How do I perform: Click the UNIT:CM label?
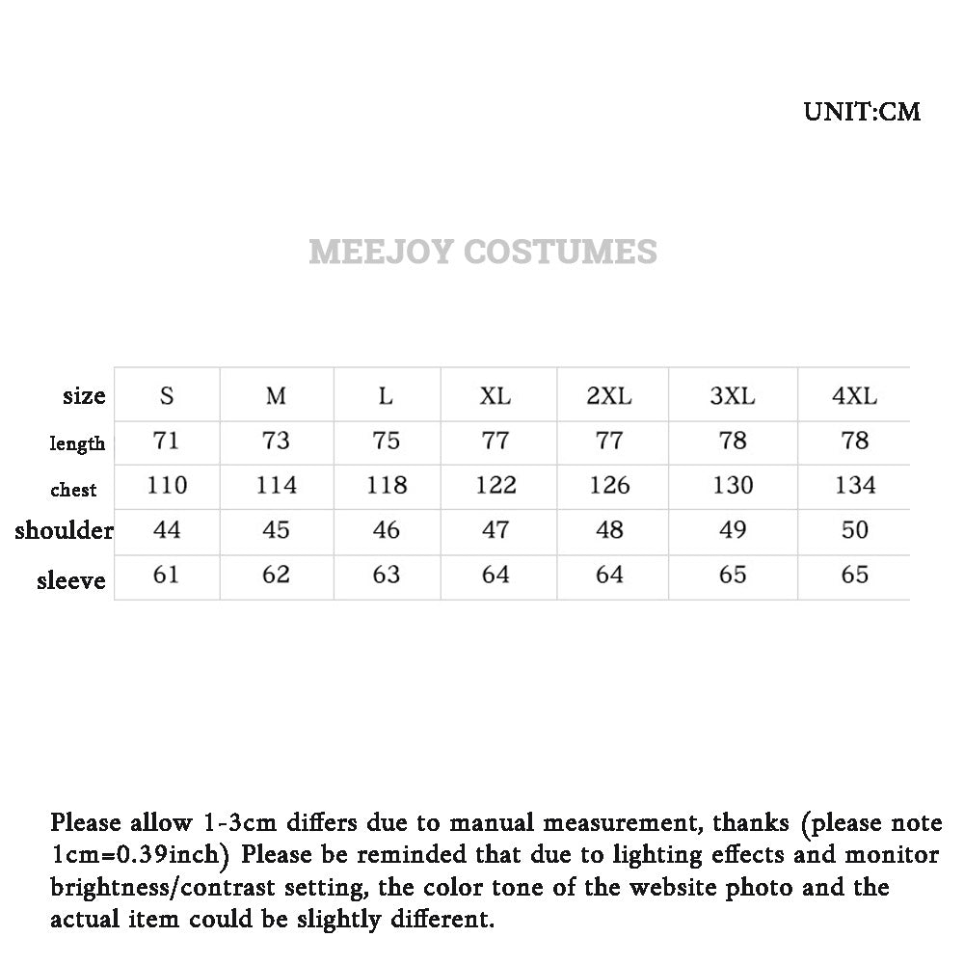pos(862,112)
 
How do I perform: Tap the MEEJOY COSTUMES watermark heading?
pos(483,253)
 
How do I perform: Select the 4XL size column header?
pos(854,396)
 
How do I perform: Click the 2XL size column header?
pos(609,396)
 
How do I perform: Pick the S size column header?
pos(167,396)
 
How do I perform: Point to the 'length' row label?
pos(77,443)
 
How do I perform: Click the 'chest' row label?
pos(74,490)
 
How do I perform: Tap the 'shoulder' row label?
pos(64,530)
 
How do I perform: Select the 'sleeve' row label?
pos(71,580)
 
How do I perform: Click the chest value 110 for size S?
pos(167,485)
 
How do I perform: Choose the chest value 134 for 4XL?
pos(854,485)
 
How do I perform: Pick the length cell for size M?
pos(277,441)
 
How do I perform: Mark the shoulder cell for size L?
pos(387,529)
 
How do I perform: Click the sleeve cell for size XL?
pos(495,575)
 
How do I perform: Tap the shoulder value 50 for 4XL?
pos(854,529)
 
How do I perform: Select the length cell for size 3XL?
pos(733,441)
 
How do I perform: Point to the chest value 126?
pos(609,485)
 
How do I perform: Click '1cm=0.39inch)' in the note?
pos(140,855)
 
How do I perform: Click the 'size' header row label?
pos(85,396)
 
